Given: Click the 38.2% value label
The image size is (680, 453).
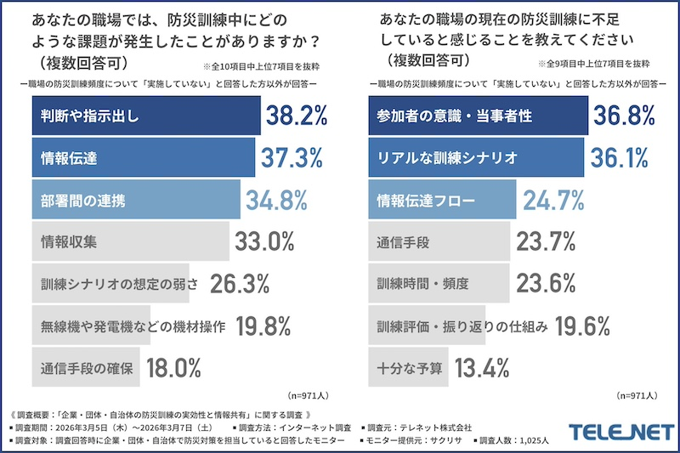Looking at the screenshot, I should tap(297, 116).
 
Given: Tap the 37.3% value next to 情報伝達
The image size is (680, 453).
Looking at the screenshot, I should tap(292, 157).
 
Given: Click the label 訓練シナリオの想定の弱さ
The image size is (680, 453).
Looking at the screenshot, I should tap(110, 283).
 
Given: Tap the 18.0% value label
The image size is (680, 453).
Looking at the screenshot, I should tap(173, 367).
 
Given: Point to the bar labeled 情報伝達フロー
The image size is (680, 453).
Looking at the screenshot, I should tap(443, 200).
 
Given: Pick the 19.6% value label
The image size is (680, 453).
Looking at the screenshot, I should tap(583, 325).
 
